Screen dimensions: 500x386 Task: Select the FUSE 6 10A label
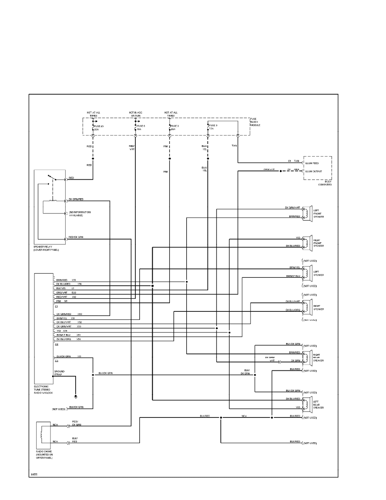tap(141, 128)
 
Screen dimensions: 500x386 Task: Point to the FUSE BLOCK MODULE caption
tap(255, 122)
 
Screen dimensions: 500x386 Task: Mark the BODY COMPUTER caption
tap(325, 183)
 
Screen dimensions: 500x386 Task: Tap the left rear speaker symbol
tap(308, 403)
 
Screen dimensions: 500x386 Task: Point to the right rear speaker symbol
tap(308, 357)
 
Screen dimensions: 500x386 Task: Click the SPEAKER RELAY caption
tap(46, 248)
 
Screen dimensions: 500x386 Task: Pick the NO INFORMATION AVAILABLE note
tap(79, 213)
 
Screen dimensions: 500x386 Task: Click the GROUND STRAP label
tap(59, 372)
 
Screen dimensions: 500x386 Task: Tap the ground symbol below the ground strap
tap(76, 396)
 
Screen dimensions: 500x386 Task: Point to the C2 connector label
tap(56, 344)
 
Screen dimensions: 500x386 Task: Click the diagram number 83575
tap(34, 474)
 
